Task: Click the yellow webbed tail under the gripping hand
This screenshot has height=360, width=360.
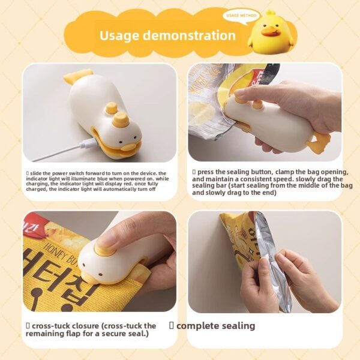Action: coord(318,144)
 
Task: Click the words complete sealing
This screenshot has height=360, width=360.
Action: coord(215,326)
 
